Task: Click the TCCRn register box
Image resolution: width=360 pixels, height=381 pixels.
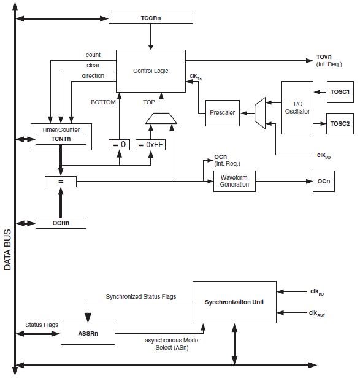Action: (151, 18)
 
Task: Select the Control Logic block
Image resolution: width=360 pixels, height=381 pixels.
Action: (151, 71)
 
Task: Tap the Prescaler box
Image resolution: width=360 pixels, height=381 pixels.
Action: (223, 113)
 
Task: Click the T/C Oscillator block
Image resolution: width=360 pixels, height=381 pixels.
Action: (297, 107)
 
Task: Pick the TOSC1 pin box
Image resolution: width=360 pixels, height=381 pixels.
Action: (340, 92)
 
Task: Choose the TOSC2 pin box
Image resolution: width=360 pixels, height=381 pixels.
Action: (340, 123)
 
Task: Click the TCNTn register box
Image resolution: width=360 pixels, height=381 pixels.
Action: (61, 139)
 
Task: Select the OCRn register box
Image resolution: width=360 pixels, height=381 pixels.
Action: (61, 223)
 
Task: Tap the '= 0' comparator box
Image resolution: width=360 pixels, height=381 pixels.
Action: (119, 145)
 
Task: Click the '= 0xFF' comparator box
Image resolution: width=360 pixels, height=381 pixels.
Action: (151, 145)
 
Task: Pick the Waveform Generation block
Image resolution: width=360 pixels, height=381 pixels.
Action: (234, 181)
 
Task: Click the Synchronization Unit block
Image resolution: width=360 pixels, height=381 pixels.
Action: (234, 302)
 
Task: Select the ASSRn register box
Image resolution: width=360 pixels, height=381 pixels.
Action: (88, 334)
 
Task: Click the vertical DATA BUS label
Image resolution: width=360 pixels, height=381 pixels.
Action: (7, 250)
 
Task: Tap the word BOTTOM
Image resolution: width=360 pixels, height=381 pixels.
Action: (103, 102)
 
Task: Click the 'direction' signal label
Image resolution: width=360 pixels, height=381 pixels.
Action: (93, 76)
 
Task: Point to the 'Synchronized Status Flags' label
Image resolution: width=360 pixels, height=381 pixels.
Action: (141, 297)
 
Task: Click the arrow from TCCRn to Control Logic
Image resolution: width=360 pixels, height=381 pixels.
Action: (151, 37)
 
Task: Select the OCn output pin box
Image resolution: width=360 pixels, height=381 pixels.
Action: (324, 181)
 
